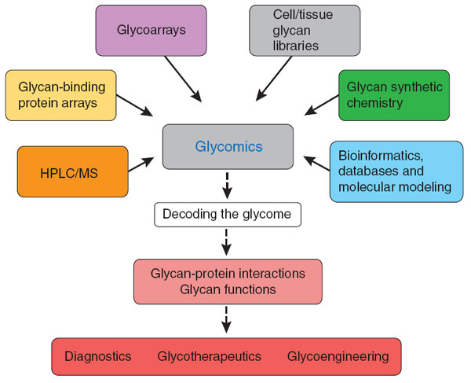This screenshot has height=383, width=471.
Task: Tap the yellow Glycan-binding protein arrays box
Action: tap(60, 95)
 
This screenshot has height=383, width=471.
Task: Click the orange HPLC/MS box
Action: tap(71, 171)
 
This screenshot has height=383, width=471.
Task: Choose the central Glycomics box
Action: tap(228, 147)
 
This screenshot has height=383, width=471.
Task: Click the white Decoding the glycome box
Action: tap(227, 214)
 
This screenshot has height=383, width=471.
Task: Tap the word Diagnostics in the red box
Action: tap(97, 356)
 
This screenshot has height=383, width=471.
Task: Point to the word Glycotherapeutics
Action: tap(209, 356)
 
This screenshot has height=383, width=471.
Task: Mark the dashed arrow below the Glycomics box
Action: tap(228, 187)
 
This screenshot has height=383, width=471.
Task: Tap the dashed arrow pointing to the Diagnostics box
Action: tap(228, 321)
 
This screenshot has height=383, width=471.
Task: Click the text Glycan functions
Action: tap(227, 289)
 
